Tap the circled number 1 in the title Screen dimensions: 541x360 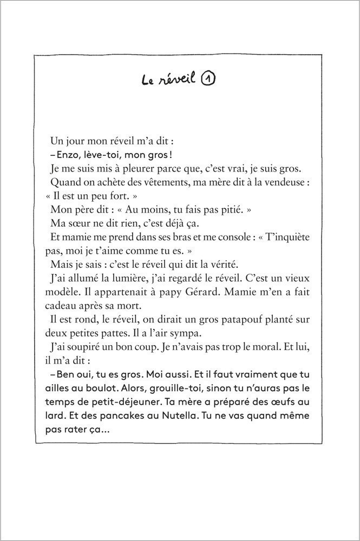(208, 80)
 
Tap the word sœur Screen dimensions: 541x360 (81, 223)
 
